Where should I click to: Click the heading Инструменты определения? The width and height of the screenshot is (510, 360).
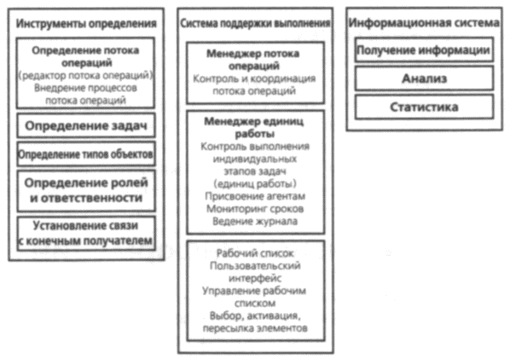(x=86, y=23)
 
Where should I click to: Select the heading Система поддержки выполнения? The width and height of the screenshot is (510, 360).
(x=255, y=23)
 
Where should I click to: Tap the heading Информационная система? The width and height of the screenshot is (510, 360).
(x=424, y=22)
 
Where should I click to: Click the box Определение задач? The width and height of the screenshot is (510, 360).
(x=86, y=125)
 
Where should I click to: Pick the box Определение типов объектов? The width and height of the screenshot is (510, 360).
(x=86, y=154)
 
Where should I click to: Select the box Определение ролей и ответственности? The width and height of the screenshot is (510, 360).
(x=86, y=190)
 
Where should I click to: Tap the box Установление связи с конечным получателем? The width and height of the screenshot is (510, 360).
(x=86, y=234)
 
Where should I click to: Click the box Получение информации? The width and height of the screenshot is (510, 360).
(x=424, y=50)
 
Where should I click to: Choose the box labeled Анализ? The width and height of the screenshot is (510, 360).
(x=424, y=78)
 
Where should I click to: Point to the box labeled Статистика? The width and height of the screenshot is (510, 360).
(x=424, y=107)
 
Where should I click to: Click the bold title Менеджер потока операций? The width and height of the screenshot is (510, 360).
(x=253, y=60)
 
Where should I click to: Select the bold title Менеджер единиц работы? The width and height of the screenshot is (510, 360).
(x=254, y=127)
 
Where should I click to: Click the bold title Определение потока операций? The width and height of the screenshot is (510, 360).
(x=86, y=56)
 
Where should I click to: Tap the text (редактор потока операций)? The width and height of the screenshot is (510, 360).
(x=85, y=75)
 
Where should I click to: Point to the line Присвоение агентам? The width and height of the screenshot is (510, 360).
(x=255, y=196)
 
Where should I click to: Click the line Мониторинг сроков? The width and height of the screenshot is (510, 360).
(x=255, y=208)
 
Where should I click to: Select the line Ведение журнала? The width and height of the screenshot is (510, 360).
(x=255, y=221)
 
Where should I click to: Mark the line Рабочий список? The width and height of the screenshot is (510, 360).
(x=255, y=253)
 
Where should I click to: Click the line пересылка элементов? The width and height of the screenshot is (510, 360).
(x=255, y=328)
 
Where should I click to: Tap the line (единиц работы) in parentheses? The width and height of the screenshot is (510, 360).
(x=255, y=183)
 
